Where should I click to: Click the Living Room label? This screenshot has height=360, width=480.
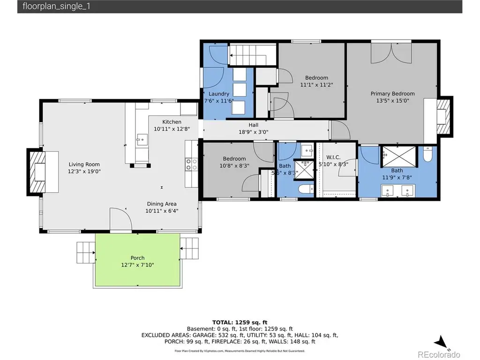pos(84,165)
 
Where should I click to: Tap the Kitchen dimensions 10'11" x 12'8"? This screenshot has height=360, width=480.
pos(172,129)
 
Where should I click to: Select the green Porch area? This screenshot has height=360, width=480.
pos(137,260)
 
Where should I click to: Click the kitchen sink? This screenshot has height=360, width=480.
pos(142,140)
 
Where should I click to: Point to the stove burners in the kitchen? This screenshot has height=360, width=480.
pos(191,165)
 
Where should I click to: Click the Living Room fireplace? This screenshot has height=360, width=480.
pos(37,172)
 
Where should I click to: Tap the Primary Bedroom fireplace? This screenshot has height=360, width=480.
pos(444,117)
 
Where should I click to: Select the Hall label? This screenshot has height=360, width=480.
pos(254,125)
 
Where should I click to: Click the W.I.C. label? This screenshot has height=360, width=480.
pos(333,157)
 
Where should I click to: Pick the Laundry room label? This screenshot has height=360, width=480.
pos(219,94)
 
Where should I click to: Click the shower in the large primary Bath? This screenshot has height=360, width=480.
pos(399,157)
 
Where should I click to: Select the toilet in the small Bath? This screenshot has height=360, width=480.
pos(306,189)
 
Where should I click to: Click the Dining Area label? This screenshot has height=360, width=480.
pos(162,204)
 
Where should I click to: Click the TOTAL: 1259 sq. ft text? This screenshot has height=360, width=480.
pos(240,322)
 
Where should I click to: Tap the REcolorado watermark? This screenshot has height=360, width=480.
pos(439,354)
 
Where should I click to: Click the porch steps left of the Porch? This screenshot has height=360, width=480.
pos(86,253)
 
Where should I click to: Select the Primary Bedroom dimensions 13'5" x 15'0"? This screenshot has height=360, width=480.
pos(392,101)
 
